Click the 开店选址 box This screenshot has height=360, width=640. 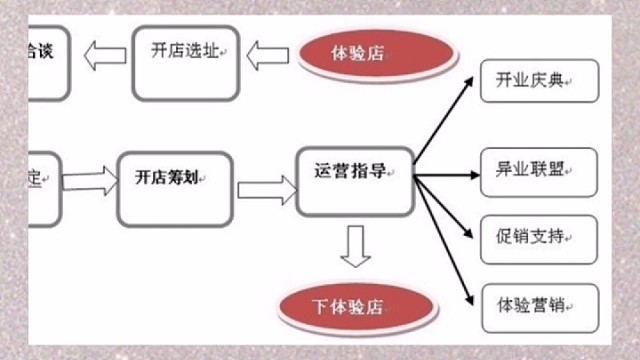click(187, 64)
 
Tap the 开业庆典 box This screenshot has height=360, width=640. click(539, 83)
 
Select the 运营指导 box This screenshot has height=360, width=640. click(355, 181)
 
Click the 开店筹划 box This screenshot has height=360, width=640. click(174, 187)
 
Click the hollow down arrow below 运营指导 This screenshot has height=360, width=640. click(355, 246)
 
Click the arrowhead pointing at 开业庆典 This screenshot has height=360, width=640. click(469, 87)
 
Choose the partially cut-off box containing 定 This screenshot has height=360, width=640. click(30, 187)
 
